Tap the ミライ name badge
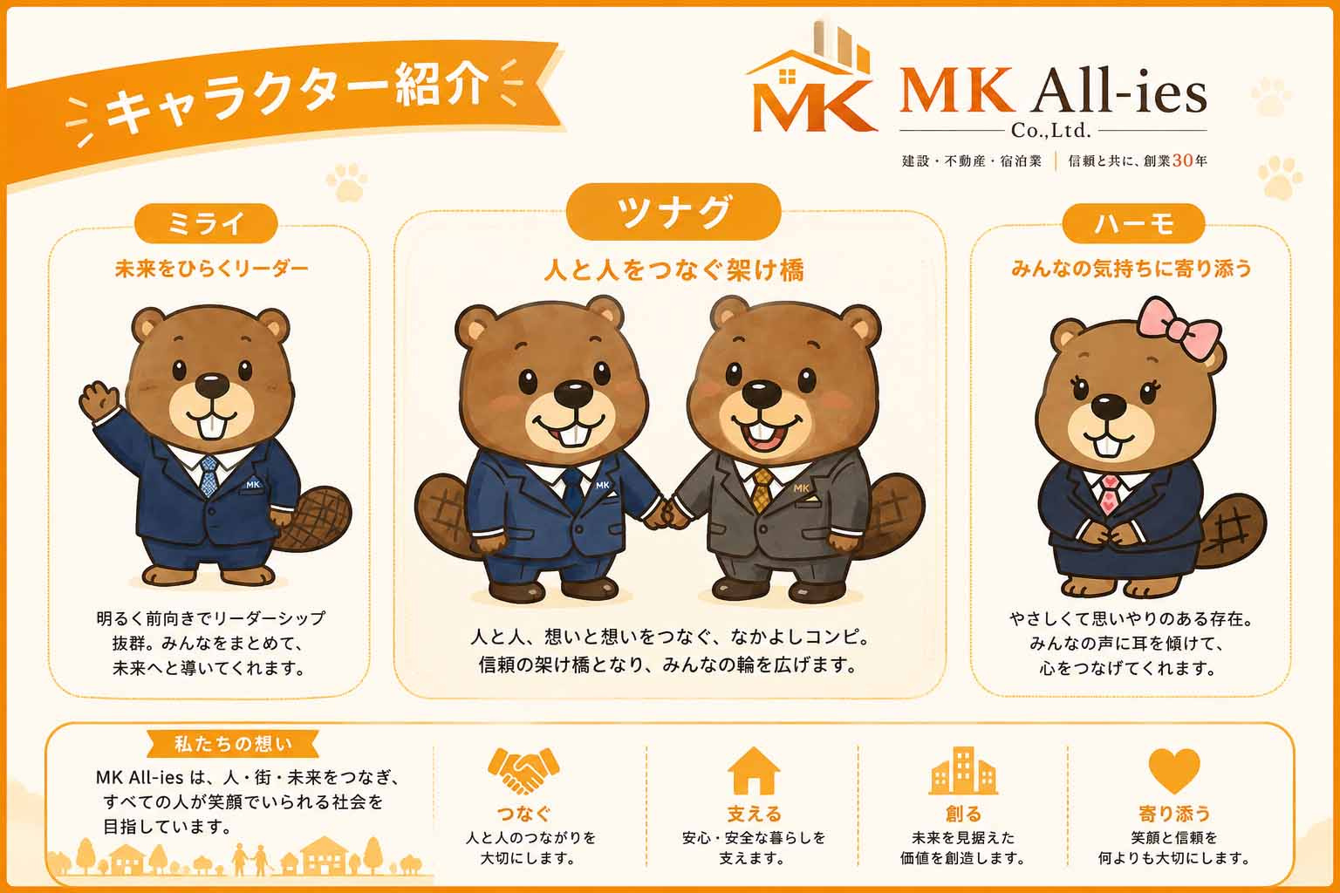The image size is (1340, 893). (x=207, y=223)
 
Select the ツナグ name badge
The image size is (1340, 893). (x=673, y=212)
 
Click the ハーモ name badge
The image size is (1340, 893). (x=1133, y=223)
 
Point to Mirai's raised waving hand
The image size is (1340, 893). (x=99, y=401)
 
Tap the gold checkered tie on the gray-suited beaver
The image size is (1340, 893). (x=762, y=489)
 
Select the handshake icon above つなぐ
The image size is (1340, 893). (x=523, y=770)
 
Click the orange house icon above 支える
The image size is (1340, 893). (x=753, y=770)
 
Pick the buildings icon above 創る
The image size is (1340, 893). (x=963, y=770)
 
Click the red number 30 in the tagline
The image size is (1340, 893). (x=1182, y=160)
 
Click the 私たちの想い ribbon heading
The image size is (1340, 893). (x=233, y=744)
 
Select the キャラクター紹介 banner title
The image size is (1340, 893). (x=297, y=96)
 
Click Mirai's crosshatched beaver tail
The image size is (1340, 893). (x=315, y=518)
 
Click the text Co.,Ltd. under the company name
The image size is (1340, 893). (x=1051, y=129)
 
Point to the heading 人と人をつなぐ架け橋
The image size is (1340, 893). (x=673, y=270)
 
